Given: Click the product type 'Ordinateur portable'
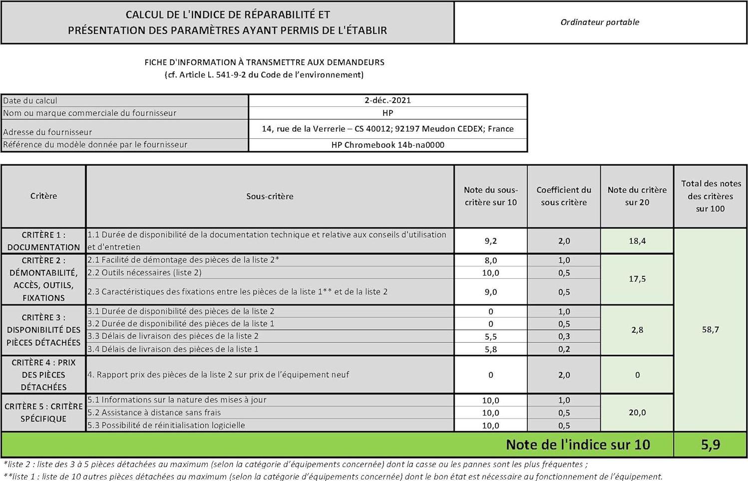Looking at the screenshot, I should [600, 22].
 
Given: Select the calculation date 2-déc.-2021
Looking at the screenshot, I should [387, 100].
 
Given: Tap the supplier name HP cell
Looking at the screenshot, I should [387, 113].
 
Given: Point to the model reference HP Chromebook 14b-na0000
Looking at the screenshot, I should [387, 145].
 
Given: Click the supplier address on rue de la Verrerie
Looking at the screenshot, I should [387, 129].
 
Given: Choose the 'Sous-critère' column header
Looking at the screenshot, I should [270, 196].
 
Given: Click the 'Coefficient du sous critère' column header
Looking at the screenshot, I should [564, 196].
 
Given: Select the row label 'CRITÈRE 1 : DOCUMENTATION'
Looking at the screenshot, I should [43, 241].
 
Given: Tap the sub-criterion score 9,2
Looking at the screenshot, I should [490, 241].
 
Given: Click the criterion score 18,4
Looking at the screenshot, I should [637, 241].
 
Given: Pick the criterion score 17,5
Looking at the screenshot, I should [637, 279].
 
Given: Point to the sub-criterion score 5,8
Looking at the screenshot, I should [490, 349].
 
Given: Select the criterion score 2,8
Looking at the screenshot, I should [637, 330].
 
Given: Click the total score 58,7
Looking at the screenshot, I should [710, 330].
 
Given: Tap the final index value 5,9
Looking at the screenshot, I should [710, 445].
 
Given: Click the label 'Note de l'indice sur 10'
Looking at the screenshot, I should [578, 445].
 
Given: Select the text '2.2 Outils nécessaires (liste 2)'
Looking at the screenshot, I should [145, 273].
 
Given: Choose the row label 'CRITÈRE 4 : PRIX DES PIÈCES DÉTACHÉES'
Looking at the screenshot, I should [43, 375].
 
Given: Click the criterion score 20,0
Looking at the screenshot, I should [637, 413].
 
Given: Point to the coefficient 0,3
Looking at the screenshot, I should [564, 337].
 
